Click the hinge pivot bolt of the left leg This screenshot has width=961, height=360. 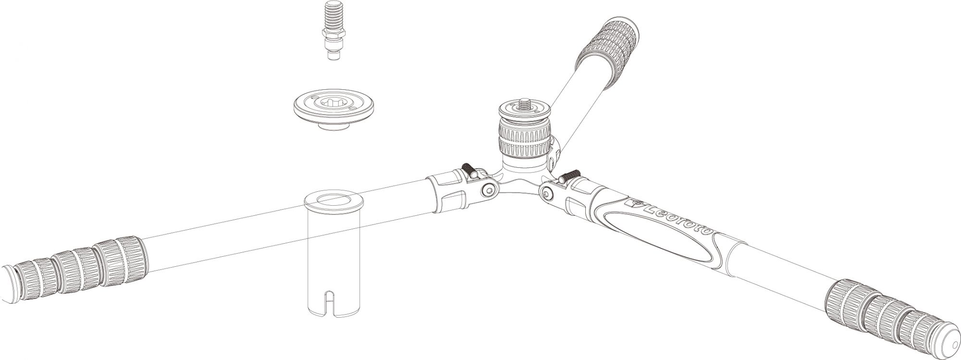(x=489, y=191)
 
